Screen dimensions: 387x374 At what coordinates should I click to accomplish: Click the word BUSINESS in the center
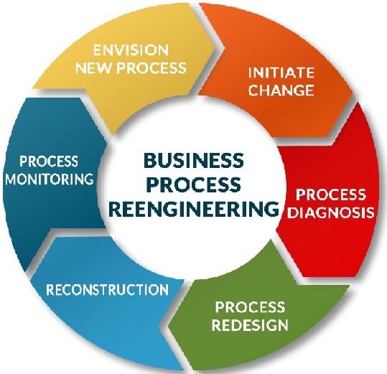(194, 160)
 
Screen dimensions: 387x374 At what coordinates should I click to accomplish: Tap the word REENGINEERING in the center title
(194, 209)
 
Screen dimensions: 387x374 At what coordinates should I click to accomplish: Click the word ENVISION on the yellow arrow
(131, 50)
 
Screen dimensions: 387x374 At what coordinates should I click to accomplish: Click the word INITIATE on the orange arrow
(281, 73)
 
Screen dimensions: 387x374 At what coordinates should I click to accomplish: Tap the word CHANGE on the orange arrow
(281, 90)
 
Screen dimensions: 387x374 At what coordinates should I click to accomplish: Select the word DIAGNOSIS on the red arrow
(331, 212)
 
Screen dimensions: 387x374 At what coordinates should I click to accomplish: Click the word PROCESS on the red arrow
(331, 195)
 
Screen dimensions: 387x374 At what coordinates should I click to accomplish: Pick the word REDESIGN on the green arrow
(250, 324)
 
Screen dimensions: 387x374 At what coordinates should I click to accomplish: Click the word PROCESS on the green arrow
(250, 307)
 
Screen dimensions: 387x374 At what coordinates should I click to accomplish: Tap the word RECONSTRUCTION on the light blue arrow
(108, 289)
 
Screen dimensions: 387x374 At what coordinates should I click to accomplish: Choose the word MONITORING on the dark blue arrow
(50, 179)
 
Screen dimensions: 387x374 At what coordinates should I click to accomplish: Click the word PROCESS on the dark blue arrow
(49, 161)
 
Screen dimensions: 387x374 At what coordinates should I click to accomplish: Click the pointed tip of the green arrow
(169, 326)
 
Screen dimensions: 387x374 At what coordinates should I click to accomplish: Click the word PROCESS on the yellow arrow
(151, 67)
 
